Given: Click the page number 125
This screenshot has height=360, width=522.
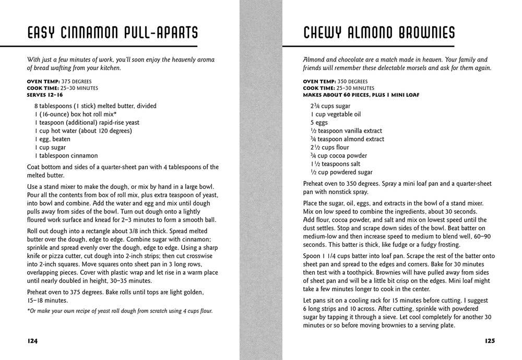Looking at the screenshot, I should click(x=489, y=341).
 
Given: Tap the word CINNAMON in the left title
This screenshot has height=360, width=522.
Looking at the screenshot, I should click(x=88, y=33).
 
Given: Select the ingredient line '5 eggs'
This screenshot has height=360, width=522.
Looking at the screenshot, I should click(x=320, y=122).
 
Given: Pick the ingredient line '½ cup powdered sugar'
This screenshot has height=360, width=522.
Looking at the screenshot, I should click(x=341, y=172).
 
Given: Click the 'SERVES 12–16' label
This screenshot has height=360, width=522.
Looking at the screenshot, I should click(x=45, y=95).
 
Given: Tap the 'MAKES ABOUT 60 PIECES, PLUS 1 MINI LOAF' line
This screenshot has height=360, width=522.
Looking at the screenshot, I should click(x=361, y=95).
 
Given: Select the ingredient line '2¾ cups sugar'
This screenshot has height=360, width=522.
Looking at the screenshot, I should click(x=330, y=105).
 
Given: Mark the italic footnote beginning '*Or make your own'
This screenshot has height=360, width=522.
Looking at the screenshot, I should click(x=120, y=311).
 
